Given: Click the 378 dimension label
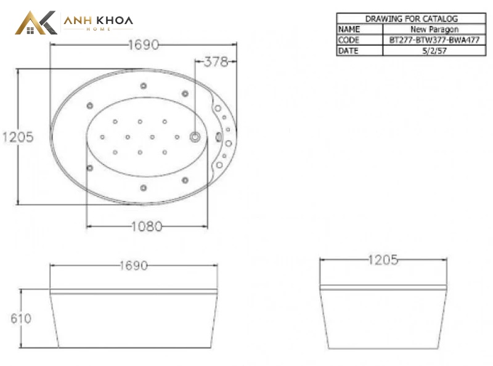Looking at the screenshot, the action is [216, 62].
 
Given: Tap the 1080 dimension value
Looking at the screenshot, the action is [147, 226].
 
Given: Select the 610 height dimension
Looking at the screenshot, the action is [21, 319].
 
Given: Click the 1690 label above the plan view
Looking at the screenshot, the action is [144, 45].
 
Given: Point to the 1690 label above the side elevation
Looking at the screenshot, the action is [134, 266].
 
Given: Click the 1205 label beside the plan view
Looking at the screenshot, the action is [18, 137].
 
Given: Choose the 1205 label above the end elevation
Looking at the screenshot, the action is [383, 260].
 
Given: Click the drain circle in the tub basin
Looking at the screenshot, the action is [195, 137].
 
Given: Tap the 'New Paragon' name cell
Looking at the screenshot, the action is [434, 29].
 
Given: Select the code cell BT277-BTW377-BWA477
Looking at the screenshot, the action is [434, 40].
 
